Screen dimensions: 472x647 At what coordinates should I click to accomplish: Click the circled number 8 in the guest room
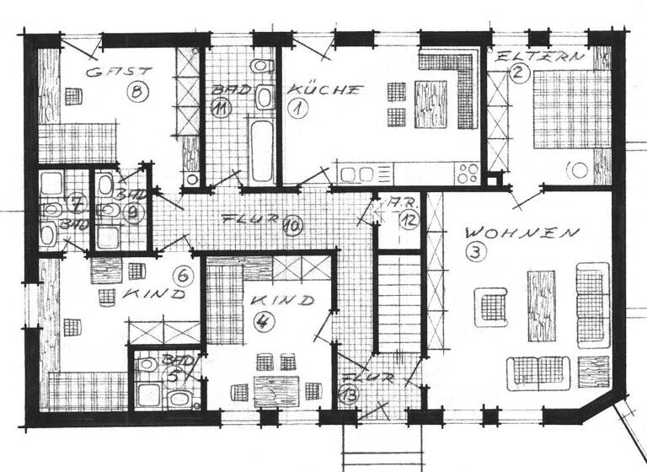(135, 91)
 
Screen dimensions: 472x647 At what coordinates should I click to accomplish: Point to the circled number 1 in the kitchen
(297, 108)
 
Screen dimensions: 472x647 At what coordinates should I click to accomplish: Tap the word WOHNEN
(522, 231)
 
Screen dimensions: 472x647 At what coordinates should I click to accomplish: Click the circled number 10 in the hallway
(291, 226)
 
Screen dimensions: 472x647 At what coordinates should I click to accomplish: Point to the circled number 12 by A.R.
(409, 221)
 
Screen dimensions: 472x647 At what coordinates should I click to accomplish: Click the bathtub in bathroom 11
(261, 151)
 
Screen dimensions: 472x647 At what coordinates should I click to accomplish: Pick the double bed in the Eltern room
(563, 108)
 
